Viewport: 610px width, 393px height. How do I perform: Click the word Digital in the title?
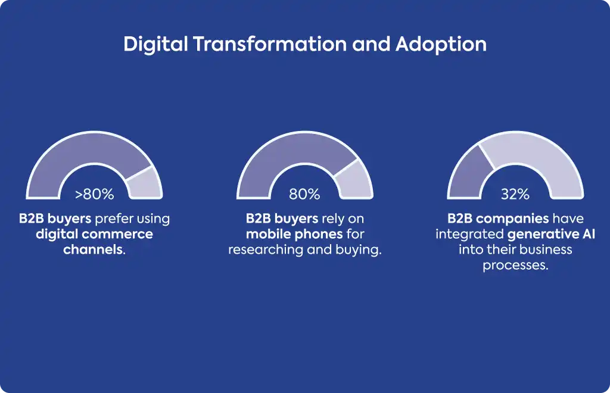[155, 44]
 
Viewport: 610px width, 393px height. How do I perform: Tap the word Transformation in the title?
[270, 43]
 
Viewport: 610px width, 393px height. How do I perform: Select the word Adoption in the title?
[441, 44]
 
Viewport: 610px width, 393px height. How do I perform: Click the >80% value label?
[95, 194]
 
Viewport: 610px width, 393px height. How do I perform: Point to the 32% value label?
[515, 194]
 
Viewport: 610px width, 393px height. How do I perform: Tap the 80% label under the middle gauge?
[304, 194]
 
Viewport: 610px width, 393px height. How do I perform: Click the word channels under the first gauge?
[92, 249]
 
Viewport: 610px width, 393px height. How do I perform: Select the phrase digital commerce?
[95, 235]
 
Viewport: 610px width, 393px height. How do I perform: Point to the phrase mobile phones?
[294, 235]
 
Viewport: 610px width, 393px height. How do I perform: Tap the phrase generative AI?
[551, 235]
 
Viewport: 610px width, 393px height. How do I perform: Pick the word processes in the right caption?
[513, 266]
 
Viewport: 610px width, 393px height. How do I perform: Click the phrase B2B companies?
[499, 219]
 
